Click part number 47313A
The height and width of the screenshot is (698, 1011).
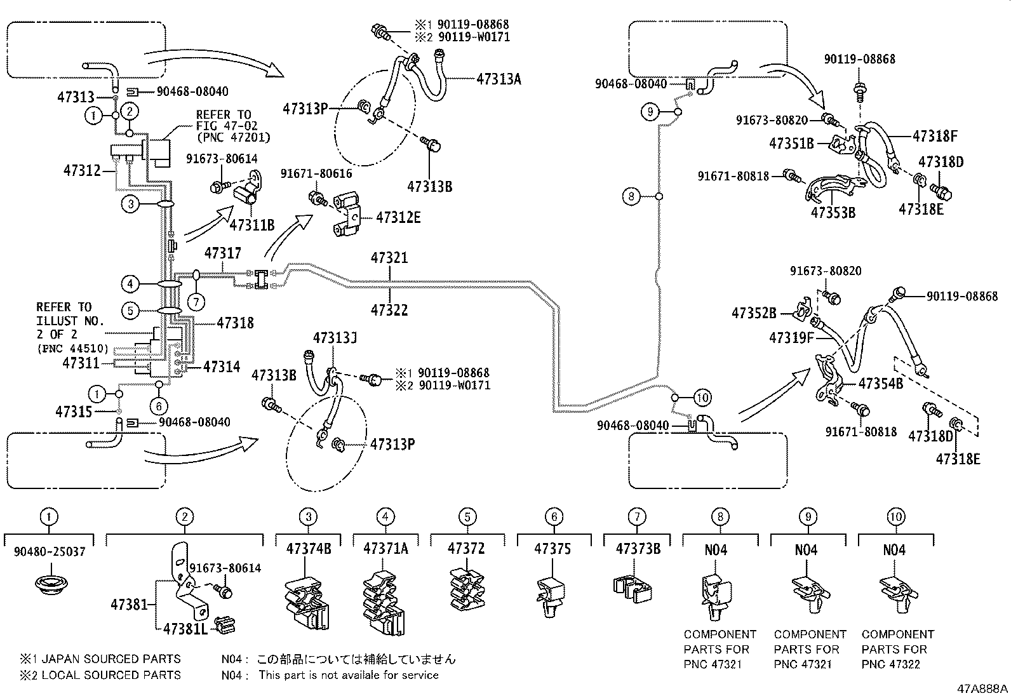(x=499, y=79)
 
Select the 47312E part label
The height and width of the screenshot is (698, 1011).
(x=398, y=218)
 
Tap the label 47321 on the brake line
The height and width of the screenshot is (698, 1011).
(x=389, y=258)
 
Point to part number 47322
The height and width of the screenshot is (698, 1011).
(x=389, y=310)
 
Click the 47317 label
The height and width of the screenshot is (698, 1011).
(x=222, y=253)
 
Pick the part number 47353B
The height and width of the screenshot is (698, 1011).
(x=833, y=213)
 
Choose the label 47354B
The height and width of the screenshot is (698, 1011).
(x=881, y=384)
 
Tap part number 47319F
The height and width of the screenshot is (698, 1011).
(x=792, y=338)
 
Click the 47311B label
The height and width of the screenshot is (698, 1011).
(x=252, y=225)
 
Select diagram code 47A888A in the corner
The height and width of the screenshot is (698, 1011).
(x=982, y=688)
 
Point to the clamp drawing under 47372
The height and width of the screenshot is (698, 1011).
(x=467, y=589)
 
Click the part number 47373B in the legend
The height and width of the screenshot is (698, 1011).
(x=638, y=549)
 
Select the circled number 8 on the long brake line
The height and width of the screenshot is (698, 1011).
(x=631, y=196)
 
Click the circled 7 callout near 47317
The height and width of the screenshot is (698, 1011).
(x=196, y=302)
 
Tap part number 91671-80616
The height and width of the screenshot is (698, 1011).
(x=316, y=174)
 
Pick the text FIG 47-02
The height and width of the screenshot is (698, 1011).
(x=227, y=126)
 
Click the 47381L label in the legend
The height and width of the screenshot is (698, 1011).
(x=185, y=629)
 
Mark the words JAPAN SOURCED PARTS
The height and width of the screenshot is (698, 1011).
(x=111, y=659)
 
